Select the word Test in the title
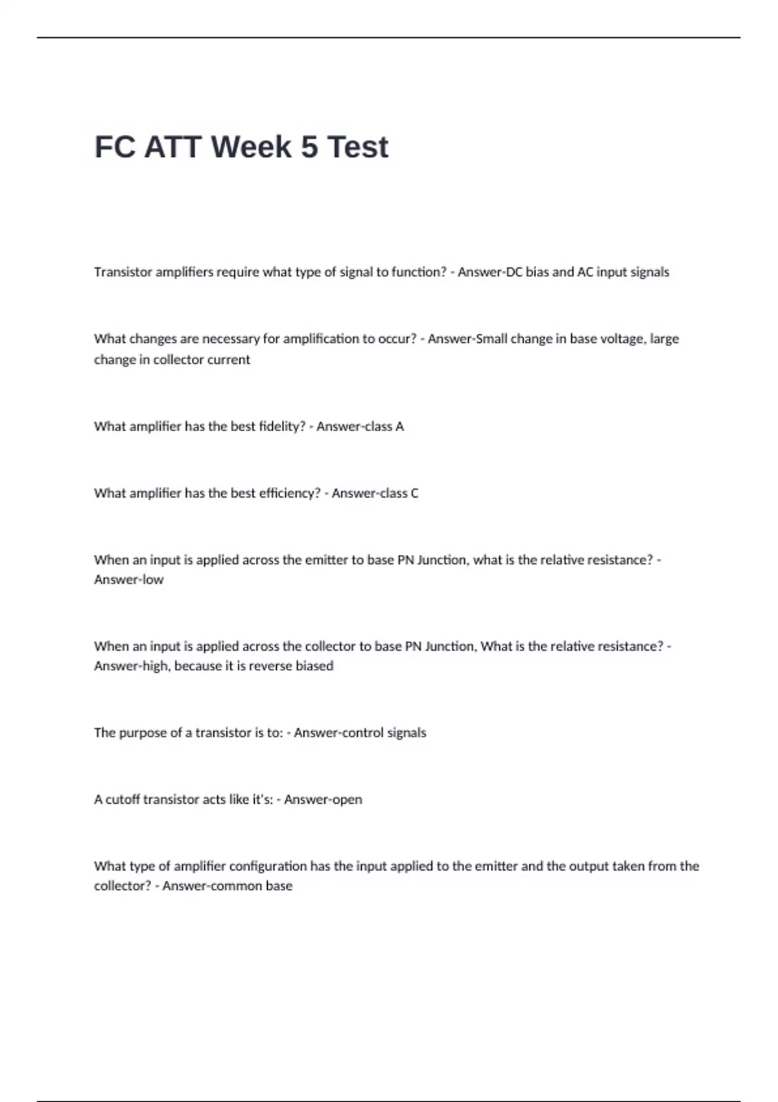tap(357, 147)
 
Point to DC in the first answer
tap(513, 272)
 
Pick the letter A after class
tap(399, 427)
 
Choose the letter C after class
tap(414, 493)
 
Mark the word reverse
tap(266, 666)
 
